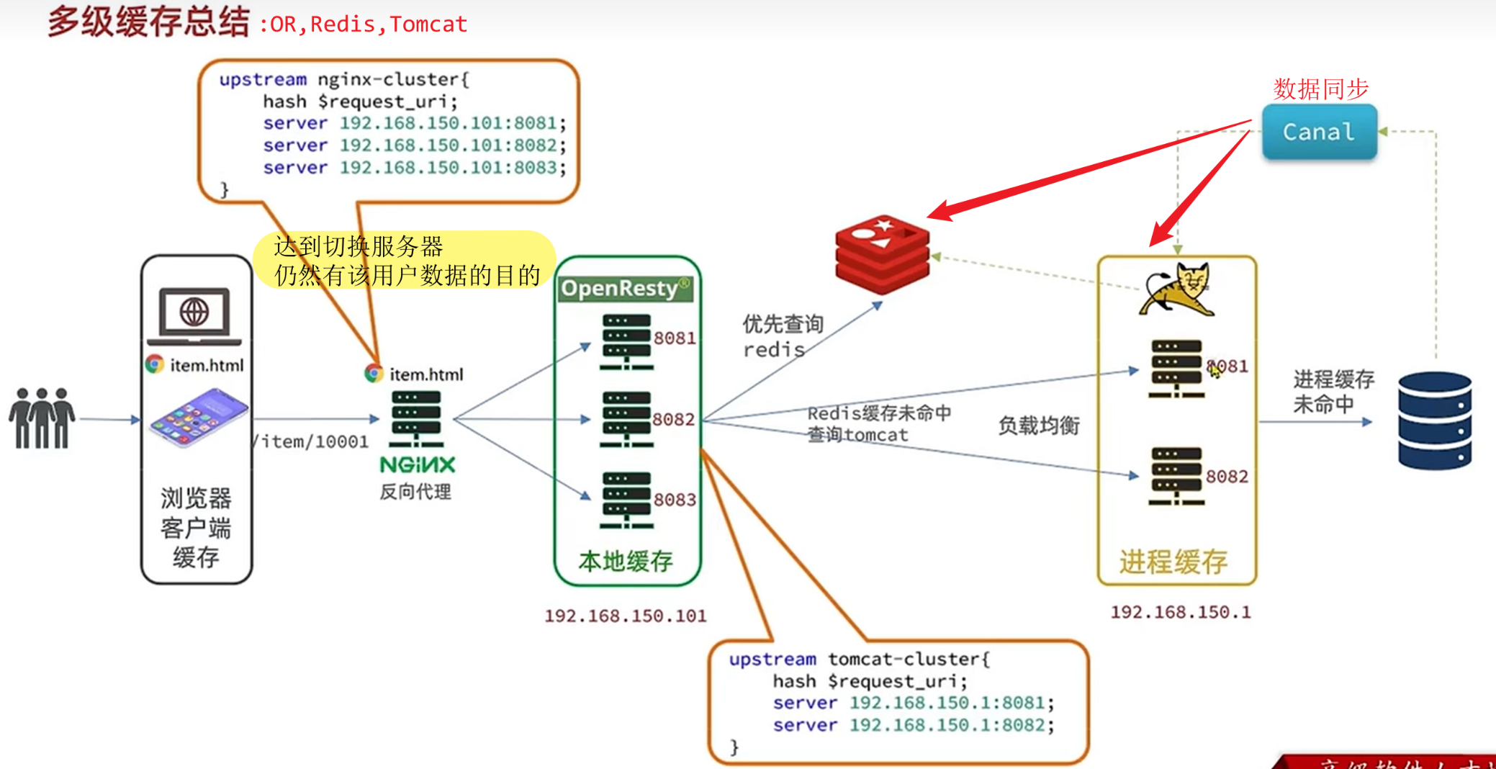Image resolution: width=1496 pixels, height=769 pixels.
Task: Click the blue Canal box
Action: pyautogui.click(x=1319, y=132)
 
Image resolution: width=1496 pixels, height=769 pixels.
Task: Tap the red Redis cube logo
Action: pyautogui.click(x=882, y=254)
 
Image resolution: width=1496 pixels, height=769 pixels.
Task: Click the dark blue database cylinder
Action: pyautogui.click(x=1434, y=421)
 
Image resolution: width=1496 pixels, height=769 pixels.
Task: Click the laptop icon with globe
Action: pyautogui.click(x=194, y=316)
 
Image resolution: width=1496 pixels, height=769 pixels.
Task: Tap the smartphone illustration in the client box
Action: pyautogui.click(x=198, y=418)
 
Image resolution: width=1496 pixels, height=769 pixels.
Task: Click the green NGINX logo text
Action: pyautogui.click(x=418, y=464)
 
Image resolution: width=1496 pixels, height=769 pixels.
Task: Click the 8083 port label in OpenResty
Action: pyautogui.click(x=675, y=500)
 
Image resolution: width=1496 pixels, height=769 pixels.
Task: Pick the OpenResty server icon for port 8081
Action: pyautogui.click(x=626, y=341)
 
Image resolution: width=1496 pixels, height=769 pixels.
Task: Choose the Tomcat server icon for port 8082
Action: pyautogui.click(x=1176, y=476)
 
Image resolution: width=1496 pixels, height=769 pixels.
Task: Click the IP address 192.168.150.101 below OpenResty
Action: pyautogui.click(x=625, y=616)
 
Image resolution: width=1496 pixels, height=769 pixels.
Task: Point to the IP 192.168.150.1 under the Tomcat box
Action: pyautogui.click(x=1180, y=612)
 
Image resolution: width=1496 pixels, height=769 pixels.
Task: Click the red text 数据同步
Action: pyautogui.click(x=1320, y=89)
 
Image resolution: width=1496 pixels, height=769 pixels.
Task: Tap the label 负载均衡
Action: pyautogui.click(x=1038, y=426)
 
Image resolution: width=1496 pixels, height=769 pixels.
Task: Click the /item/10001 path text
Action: pyautogui.click(x=312, y=441)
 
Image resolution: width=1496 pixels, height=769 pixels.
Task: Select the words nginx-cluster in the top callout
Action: pyautogui.click(x=392, y=79)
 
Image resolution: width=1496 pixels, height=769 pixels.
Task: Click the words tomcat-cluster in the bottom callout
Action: pyautogui.click(x=908, y=659)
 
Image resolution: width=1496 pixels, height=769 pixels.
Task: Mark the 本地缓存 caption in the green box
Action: pyautogui.click(x=625, y=561)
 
